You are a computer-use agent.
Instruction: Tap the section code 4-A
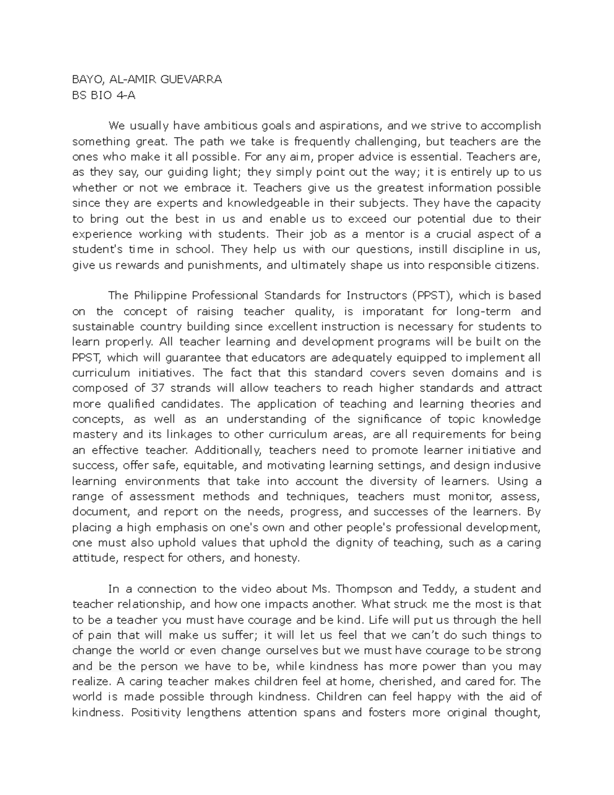[125, 95]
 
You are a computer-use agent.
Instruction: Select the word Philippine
[160, 296]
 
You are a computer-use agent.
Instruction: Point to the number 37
[157, 389]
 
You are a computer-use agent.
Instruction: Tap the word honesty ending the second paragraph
[278, 558]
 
